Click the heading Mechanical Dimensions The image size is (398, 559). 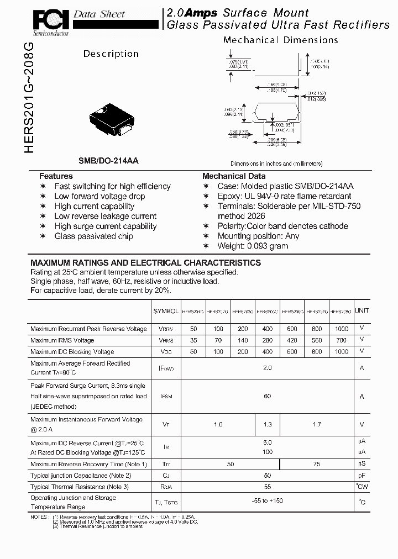tap(280, 40)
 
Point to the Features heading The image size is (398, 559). tap(56, 176)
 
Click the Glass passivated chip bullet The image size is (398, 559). tap(93, 236)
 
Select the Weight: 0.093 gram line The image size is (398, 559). tap(253, 246)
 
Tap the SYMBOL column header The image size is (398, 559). tap(166, 312)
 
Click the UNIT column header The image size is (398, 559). tap(362, 311)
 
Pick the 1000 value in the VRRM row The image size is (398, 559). tap(342, 329)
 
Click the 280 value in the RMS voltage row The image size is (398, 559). tap(268, 340)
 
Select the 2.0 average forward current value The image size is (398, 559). tap(268, 367)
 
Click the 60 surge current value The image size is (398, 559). tap(268, 396)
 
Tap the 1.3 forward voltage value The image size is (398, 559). tap(268, 424)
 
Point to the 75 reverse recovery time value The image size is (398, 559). tap(317, 465)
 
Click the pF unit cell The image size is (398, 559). tap(362, 476)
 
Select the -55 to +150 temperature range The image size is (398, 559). tap(268, 500)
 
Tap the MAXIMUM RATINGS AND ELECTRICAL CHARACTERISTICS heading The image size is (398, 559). tap(145, 263)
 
